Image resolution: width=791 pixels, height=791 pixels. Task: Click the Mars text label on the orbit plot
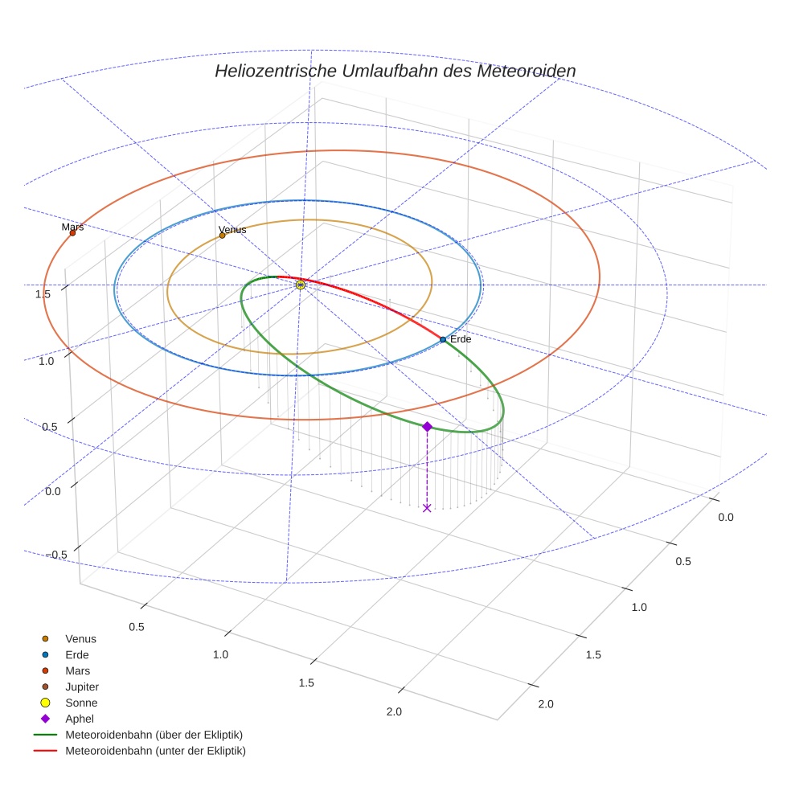[x=72, y=227]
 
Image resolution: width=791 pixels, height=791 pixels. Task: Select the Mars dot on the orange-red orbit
[x=72, y=233]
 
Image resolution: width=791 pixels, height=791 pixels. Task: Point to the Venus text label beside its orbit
[x=232, y=230]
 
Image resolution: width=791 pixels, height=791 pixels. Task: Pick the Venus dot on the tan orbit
[x=222, y=236]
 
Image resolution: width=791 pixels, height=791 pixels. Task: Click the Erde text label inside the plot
[x=461, y=339]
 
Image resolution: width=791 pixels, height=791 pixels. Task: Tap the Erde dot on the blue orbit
[x=443, y=340]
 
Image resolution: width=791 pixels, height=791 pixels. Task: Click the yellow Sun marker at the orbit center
[x=300, y=285]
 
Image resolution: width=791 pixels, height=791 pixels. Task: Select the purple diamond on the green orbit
[x=427, y=426]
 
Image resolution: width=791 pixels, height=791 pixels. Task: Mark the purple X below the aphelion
[x=427, y=508]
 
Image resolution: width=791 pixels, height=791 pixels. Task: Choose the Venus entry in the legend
[x=80, y=639]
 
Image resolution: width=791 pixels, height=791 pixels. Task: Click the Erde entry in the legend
[x=77, y=655]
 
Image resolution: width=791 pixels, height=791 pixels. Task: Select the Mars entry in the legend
[x=77, y=670]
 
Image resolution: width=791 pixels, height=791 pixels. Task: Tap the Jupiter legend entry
[x=82, y=686]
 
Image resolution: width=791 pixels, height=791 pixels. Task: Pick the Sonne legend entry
[x=81, y=703]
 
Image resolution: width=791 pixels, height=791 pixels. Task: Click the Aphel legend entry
[x=80, y=719]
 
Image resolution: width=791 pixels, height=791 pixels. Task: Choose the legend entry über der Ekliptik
[x=154, y=735]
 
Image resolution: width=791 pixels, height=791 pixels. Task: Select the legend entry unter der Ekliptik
[x=155, y=751]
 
